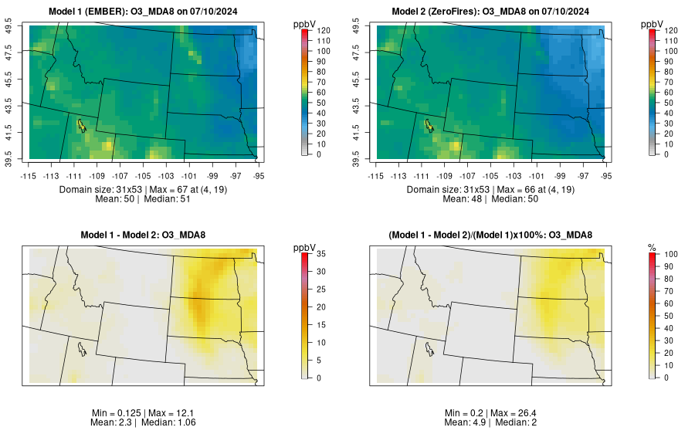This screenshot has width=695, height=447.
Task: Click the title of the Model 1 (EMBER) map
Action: (x=146, y=11)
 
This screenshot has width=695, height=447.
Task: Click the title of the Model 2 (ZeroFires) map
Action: (x=493, y=11)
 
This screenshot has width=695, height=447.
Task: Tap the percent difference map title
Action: (x=493, y=235)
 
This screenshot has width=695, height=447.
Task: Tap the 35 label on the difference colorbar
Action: (x=320, y=253)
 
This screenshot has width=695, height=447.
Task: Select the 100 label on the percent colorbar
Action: (x=670, y=253)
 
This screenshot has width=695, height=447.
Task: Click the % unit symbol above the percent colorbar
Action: (x=653, y=247)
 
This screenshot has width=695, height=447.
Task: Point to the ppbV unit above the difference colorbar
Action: (x=305, y=247)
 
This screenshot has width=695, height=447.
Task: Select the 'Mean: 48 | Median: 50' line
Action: (x=493, y=198)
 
